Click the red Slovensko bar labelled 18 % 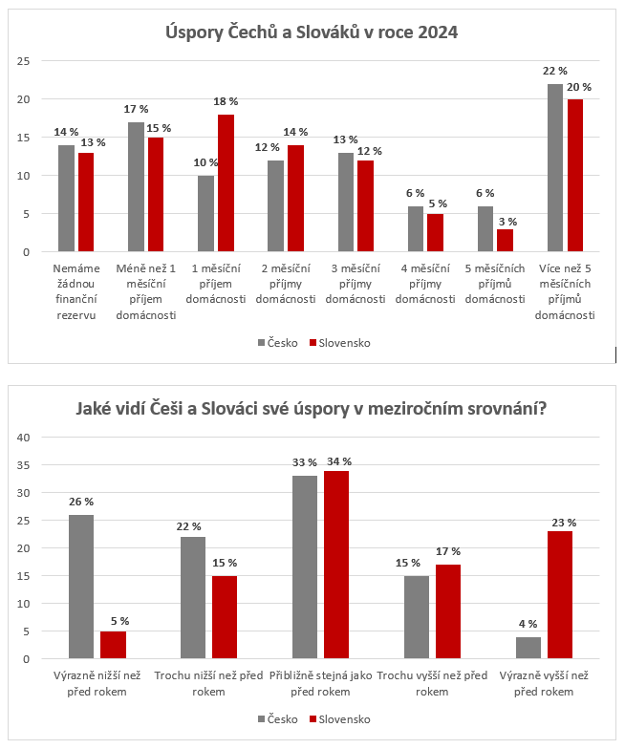[x=226, y=183]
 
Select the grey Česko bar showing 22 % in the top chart [x=554, y=168]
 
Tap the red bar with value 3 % [x=505, y=241]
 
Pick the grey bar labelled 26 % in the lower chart [x=81, y=587]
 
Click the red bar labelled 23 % [x=560, y=594]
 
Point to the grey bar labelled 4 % [x=528, y=648]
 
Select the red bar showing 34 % [x=336, y=565]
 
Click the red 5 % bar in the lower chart [x=113, y=645]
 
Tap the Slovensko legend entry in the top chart [x=340, y=343]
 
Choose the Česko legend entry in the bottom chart [x=277, y=719]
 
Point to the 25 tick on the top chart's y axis [x=23, y=61]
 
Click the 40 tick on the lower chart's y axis [x=23, y=438]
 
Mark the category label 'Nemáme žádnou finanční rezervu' [x=76, y=291]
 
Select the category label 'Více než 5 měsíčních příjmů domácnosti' [x=565, y=291]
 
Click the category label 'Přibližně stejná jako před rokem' [x=321, y=684]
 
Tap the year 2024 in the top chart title [x=438, y=32]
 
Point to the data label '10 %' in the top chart [x=206, y=162]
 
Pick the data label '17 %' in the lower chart [x=448, y=551]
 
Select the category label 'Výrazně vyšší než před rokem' [x=544, y=684]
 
